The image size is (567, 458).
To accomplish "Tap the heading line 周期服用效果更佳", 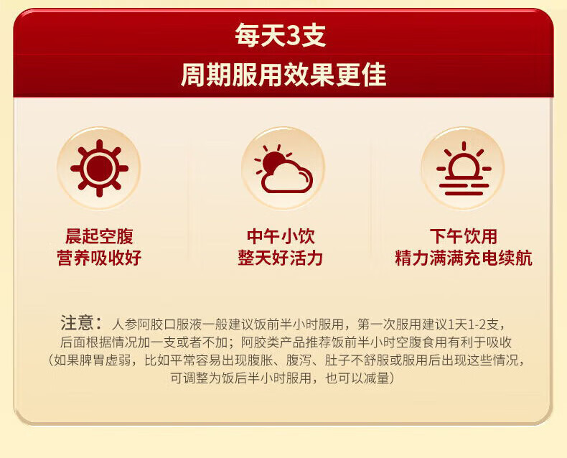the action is point(283,75).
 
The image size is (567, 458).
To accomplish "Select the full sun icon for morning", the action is point(100,168).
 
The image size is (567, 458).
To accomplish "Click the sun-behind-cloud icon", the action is point(283,169).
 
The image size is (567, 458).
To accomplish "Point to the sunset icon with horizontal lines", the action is point(464,169).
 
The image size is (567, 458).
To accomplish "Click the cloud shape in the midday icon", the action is point(288,178).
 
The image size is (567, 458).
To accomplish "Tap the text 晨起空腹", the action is point(99,236).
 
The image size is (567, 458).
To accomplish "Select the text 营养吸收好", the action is point(99,258).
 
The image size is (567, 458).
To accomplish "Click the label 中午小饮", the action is point(281,236).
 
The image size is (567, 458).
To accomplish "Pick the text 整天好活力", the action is point(280,258).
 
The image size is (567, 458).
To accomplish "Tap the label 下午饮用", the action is point(464,236).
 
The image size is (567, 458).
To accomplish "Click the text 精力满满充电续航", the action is point(464,258).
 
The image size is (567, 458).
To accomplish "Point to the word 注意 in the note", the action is point(77,323).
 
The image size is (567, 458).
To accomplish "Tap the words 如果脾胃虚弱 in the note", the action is point(92,360).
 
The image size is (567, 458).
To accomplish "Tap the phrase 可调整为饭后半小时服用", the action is point(241,378).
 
